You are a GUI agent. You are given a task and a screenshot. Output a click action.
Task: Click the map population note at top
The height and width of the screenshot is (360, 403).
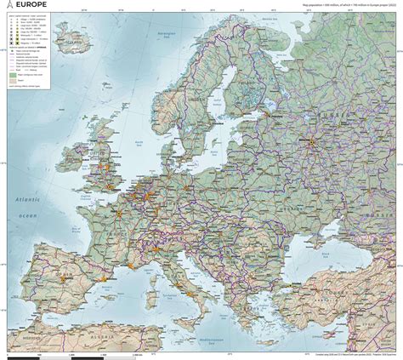pos(349,4)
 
